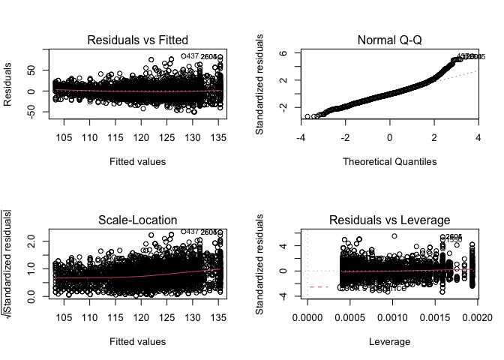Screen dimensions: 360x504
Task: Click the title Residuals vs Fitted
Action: (x=137, y=40)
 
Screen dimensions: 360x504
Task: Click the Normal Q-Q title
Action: (x=389, y=40)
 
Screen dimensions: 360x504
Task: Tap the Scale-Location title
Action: (x=137, y=220)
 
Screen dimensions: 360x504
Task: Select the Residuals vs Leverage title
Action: (x=389, y=220)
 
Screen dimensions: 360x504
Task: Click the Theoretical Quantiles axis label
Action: (x=389, y=161)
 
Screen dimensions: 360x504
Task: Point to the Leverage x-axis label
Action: (x=389, y=341)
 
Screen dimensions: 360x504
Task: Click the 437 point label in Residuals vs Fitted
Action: (x=191, y=56)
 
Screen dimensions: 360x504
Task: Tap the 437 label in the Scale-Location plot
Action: (x=191, y=232)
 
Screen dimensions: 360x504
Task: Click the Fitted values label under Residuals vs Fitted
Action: (x=137, y=161)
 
